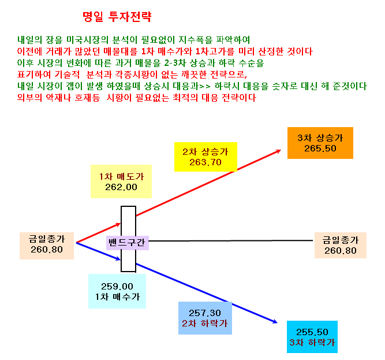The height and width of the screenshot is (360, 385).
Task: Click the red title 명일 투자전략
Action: click(x=117, y=17)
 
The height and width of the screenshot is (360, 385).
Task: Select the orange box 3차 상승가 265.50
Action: click(x=320, y=143)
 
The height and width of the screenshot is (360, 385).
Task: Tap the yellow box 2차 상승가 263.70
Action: click(x=205, y=157)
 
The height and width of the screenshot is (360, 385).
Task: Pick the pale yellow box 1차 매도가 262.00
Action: click(x=121, y=181)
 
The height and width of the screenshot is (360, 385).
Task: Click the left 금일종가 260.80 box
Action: click(x=47, y=246)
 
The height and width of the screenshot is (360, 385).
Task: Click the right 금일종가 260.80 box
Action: click(x=341, y=245)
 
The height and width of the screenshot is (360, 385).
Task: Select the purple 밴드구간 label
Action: click(x=127, y=243)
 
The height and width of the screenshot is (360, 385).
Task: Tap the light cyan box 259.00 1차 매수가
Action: click(x=117, y=291)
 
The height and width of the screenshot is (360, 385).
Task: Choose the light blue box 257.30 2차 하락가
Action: click(x=205, y=318)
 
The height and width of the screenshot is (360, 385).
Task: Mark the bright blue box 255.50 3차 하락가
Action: click(x=312, y=337)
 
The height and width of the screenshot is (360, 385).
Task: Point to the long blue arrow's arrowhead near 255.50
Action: click(x=277, y=322)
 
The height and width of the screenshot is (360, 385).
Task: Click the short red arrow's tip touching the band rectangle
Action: click(x=120, y=224)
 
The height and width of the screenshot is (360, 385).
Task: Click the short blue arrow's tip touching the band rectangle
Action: click(x=120, y=259)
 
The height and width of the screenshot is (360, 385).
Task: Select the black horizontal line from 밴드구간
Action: click(x=231, y=241)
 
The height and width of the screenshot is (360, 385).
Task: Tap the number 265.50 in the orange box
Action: click(x=320, y=149)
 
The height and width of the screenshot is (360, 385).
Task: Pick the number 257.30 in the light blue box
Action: click(x=205, y=313)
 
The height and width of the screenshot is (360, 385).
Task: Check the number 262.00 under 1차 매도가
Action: click(x=121, y=187)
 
